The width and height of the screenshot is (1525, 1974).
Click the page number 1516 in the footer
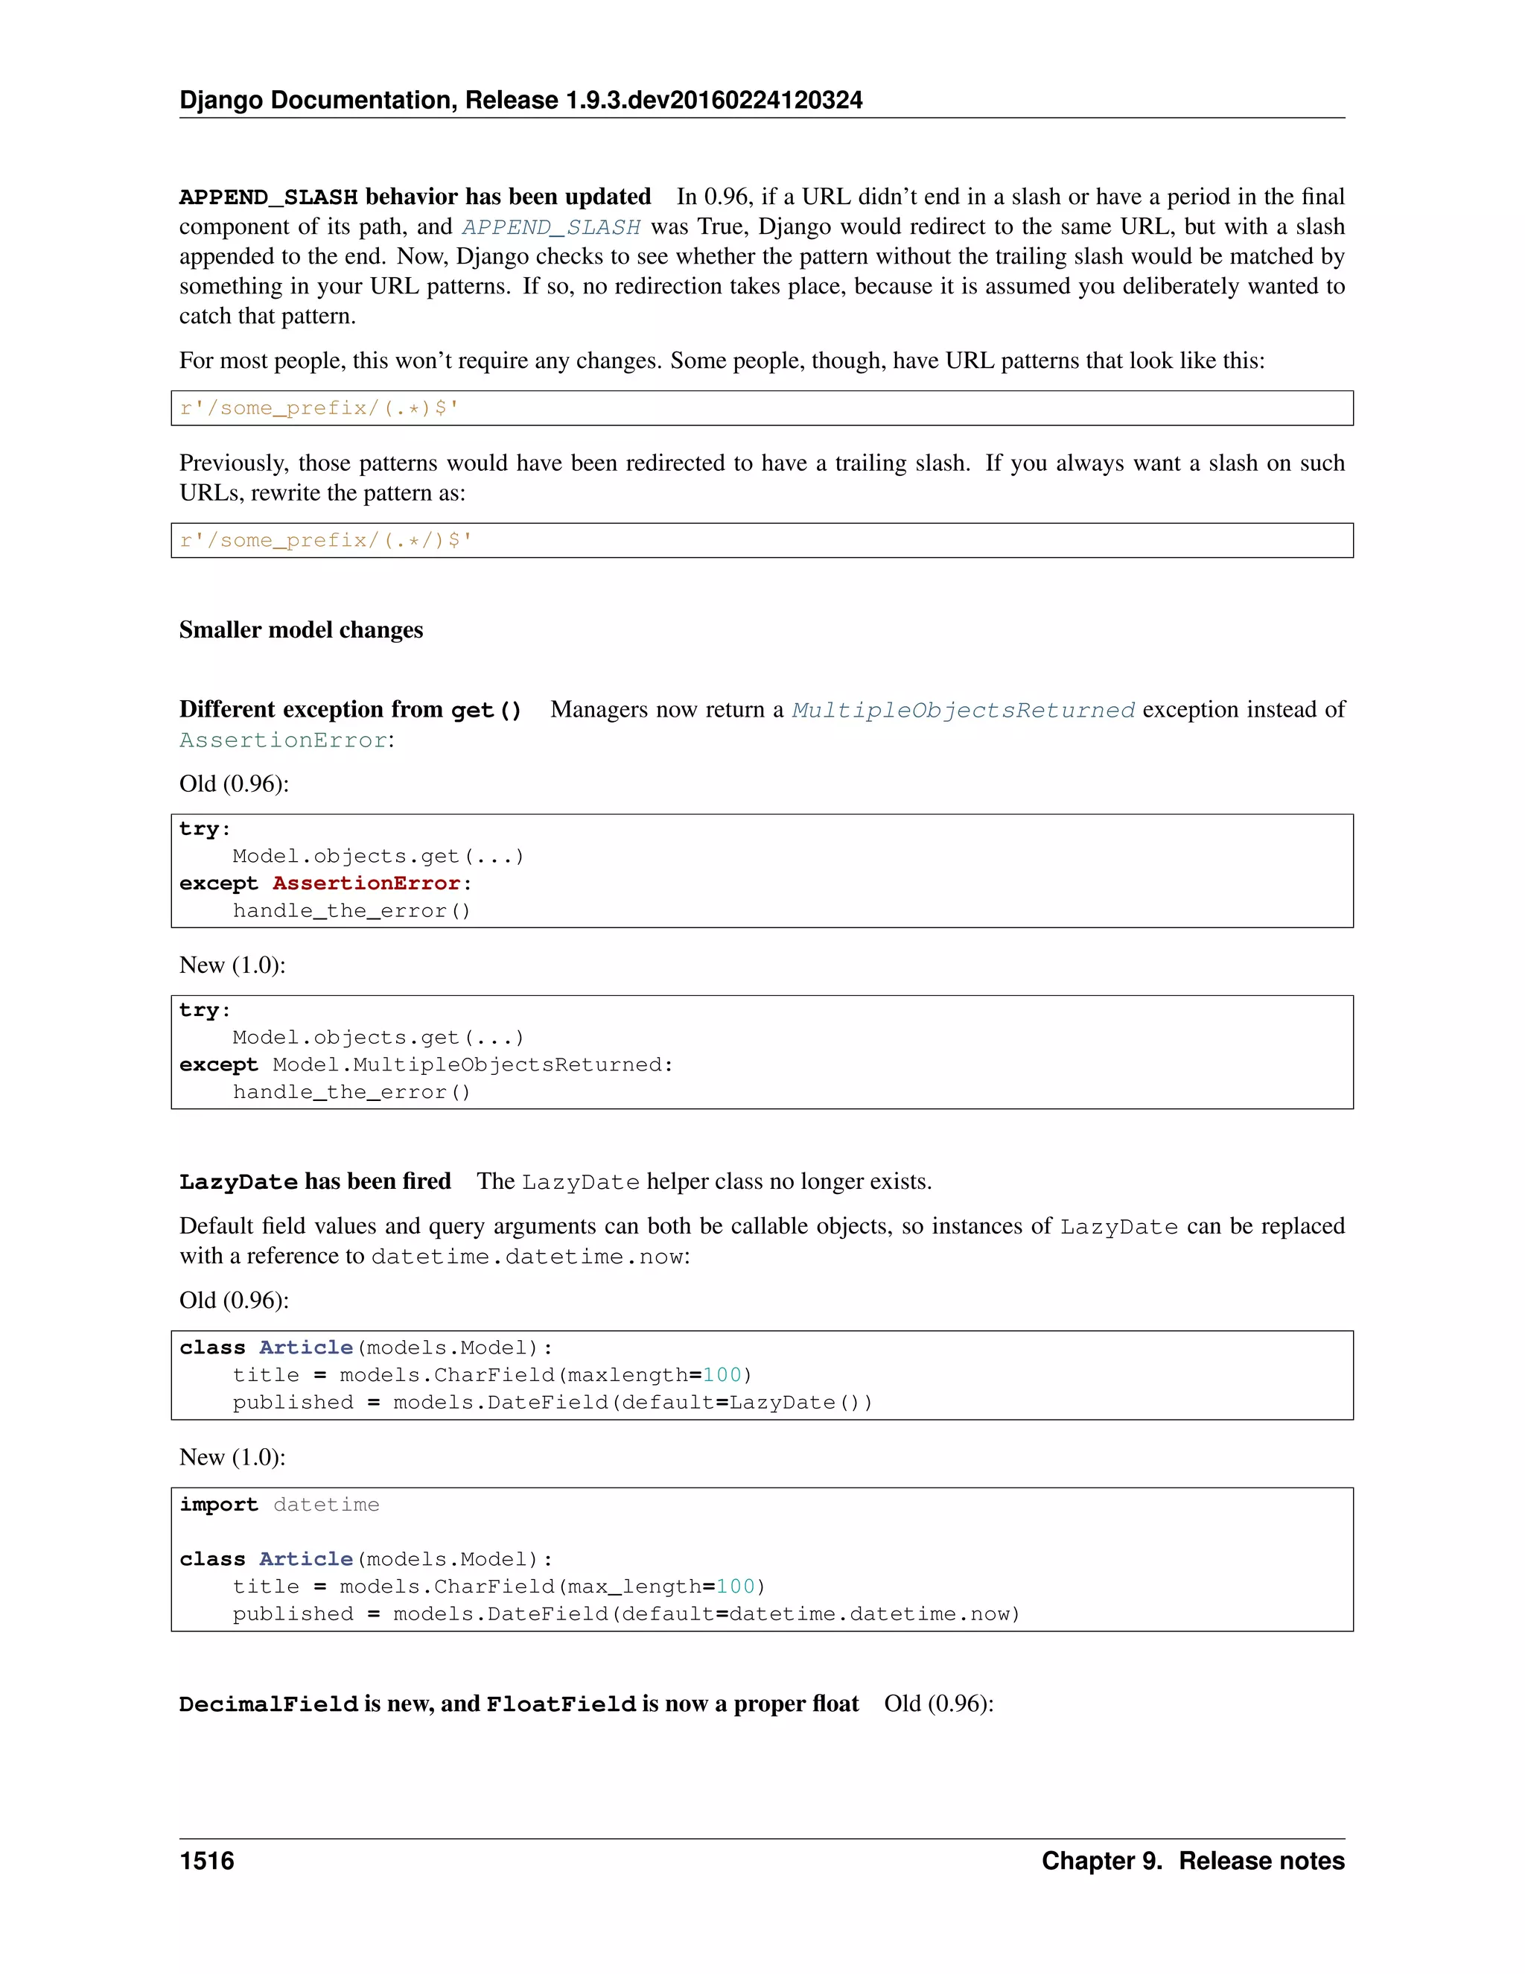point(207,1861)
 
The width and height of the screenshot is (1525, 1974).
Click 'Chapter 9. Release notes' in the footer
point(1193,1861)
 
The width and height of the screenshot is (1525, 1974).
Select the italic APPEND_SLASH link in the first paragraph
point(551,227)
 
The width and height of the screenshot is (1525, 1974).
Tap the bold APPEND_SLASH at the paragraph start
point(268,197)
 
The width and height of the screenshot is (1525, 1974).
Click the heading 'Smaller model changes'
point(301,630)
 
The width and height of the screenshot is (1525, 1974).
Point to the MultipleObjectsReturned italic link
point(963,711)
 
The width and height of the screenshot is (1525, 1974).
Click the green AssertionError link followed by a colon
point(283,740)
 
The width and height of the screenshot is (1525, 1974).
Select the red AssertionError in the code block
point(366,883)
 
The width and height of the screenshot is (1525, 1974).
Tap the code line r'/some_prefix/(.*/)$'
point(326,541)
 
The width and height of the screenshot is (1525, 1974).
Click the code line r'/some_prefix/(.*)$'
point(319,408)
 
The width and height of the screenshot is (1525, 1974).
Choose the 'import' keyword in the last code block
point(219,1505)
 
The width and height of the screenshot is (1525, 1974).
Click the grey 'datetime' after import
point(326,1505)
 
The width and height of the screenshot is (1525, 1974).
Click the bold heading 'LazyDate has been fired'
point(314,1181)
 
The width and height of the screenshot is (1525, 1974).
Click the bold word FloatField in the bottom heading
point(561,1704)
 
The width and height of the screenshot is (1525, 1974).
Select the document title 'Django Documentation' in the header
point(319,101)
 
